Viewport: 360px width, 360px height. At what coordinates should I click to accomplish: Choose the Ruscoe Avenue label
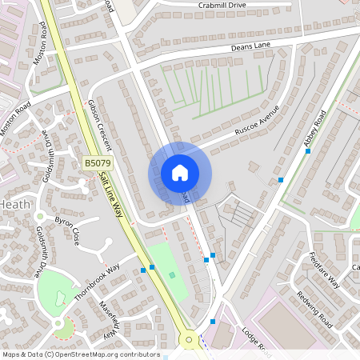[257, 119]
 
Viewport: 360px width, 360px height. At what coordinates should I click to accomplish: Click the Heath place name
[14, 205]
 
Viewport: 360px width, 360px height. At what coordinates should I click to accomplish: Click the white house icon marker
[180, 173]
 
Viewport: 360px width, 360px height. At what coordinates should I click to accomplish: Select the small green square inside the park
[172, 275]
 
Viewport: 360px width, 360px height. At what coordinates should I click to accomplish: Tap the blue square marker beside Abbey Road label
[307, 150]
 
